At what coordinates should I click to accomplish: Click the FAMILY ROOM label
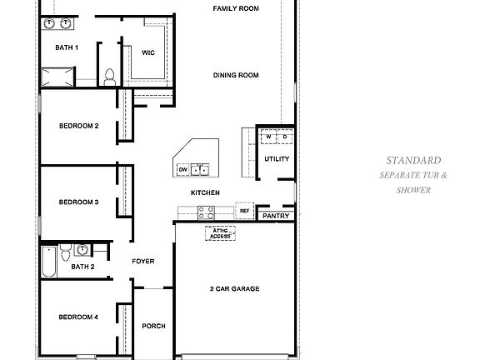point(236,8)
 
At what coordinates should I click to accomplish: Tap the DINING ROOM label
point(236,76)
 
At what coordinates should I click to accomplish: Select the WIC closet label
point(148,52)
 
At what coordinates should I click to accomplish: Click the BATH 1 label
point(67,47)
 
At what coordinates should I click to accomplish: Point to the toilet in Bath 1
point(109,77)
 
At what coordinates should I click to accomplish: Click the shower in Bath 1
point(57,79)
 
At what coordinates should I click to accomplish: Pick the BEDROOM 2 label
point(79,126)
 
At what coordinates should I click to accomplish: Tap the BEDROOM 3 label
point(79,202)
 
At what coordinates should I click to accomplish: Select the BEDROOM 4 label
point(79,317)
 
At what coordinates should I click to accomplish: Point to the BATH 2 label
point(82,267)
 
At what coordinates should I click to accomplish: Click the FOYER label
point(143,262)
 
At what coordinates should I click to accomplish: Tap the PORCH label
point(152,326)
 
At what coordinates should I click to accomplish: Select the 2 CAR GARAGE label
point(234,289)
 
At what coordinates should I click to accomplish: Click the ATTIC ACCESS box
point(221,233)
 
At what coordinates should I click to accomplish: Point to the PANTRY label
point(275,216)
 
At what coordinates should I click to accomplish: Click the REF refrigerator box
point(245,212)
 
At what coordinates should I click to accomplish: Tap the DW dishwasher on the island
point(182,170)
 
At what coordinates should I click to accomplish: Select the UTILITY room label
point(276,158)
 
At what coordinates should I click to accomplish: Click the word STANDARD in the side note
point(413,160)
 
